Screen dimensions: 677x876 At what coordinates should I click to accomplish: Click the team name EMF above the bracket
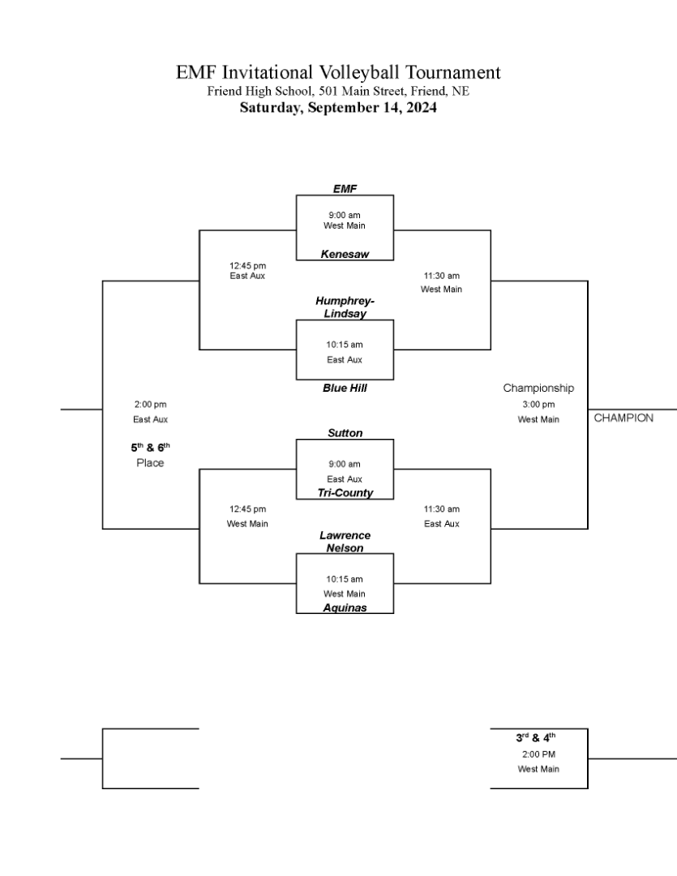(x=345, y=189)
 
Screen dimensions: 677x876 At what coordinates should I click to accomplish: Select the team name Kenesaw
(x=345, y=254)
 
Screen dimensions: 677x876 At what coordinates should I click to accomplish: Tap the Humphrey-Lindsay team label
(x=345, y=307)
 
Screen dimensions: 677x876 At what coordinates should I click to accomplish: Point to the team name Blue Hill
(x=345, y=388)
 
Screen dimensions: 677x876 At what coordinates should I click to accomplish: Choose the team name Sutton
(x=345, y=433)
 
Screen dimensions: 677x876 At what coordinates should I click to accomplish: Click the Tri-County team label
(x=345, y=493)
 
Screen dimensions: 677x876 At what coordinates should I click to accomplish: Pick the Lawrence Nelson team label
(x=345, y=541)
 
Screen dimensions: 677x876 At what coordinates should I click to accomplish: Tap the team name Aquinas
(x=345, y=608)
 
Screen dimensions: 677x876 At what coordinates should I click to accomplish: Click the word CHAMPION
(x=623, y=418)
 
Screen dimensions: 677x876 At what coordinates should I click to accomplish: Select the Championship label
(x=538, y=388)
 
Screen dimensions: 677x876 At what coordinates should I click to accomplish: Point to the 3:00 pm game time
(x=538, y=405)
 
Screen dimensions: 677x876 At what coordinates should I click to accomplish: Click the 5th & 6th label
(x=150, y=448)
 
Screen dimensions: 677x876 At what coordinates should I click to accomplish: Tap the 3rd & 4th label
(x=536, y=737)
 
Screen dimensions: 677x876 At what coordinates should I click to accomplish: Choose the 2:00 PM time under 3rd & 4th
(x=538, y=754)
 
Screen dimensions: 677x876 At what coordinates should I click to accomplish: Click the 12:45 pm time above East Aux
(x=247, y=266)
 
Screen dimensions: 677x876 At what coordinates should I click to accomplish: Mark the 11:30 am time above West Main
(x=441, y=276)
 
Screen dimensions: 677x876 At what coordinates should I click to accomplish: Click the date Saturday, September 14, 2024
(x=338, y=107)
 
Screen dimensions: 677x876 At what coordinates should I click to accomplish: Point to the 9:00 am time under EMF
(x=344, y=215)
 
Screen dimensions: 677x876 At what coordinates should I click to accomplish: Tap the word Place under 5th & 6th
(x=150, y=462)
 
